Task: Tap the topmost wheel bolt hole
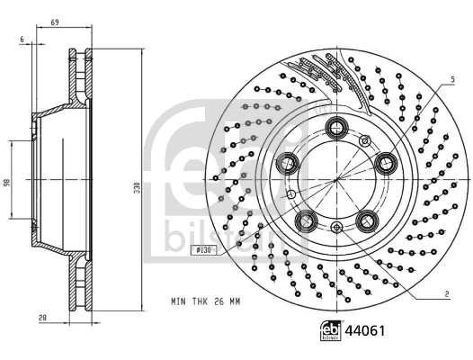(338, 126)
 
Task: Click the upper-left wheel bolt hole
(289, 163)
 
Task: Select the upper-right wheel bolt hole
(388, 162)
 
